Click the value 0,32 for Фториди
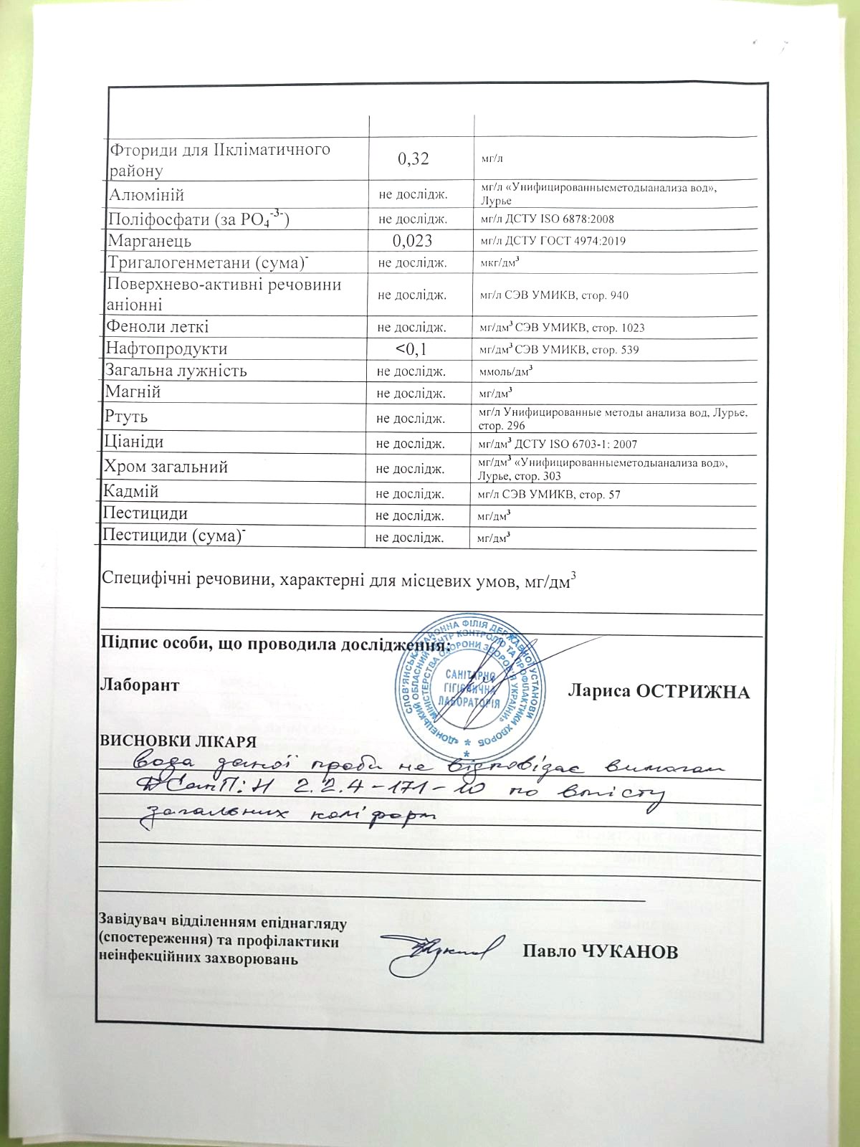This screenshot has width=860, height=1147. tap(414, 158)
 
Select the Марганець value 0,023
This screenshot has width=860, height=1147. tap(412, 241)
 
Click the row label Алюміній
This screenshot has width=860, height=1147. tap(146, 195)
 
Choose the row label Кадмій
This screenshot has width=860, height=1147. tap(131, 492)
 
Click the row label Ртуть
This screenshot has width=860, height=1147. tap(126, 417)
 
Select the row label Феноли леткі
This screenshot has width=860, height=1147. tap(158, 327)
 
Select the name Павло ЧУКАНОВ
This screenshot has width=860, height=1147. tap(600, 952)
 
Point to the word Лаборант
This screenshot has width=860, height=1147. tap(140, 685)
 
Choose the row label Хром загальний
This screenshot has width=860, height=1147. tap(166, 467)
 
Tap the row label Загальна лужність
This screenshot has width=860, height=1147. tap(176, 371)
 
